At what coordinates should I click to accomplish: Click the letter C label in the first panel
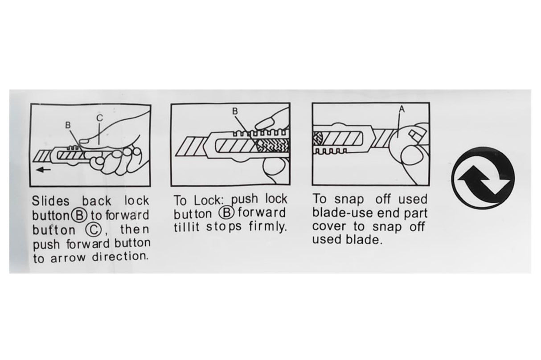(x=99, y=118)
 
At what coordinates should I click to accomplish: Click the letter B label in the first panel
(x=68, y=125)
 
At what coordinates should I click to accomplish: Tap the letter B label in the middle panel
(x=235, y=111)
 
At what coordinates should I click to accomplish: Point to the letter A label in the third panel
(x=402, y=109)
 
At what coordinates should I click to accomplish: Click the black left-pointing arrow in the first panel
(x=44, y=170)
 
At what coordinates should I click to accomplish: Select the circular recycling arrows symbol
(x=483, y=178)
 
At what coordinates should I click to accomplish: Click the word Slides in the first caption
(x=51, y=201)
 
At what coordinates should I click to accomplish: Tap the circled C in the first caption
(x=93, y=229)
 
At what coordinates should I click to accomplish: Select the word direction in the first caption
(x=120, y=257)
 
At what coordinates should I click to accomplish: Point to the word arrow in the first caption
(x=68, y=258)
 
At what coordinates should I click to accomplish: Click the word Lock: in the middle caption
(x=211, y=200)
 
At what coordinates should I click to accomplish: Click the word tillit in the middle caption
(x=187, y=227)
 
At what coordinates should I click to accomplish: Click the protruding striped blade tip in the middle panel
(x=191, y=146)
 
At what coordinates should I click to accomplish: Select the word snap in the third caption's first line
(x=349, y=200)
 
